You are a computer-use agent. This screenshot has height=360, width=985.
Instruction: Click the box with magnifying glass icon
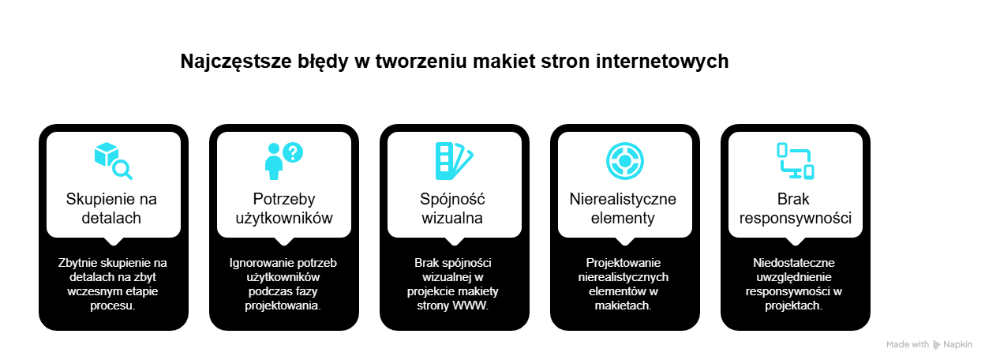click(x=113, y=160)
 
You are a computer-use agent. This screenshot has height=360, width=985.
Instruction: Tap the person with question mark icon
click(x=283, y=160)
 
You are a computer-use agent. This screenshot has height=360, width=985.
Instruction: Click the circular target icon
click(x=624, y=160)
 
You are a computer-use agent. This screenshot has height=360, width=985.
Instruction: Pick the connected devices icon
click(x=795, y=160)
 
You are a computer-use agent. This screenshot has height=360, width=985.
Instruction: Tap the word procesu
click(x=113, y=306)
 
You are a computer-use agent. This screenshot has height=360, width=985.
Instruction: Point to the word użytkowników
click(x=283, y=277)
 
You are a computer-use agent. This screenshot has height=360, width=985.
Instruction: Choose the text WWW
click(x=470, y=306)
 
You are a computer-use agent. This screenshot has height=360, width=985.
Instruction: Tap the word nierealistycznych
click(x=624, y=277)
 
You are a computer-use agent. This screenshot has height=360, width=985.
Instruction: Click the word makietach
click(x=623, y=306)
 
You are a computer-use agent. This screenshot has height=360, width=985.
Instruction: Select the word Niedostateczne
click(x=794, y=263)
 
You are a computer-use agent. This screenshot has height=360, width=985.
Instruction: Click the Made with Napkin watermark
click(x=929, y=344)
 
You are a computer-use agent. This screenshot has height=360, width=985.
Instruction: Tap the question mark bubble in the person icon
click(x=293, y=152)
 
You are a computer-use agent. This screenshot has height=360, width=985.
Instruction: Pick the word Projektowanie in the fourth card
click(x=624, y=263)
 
